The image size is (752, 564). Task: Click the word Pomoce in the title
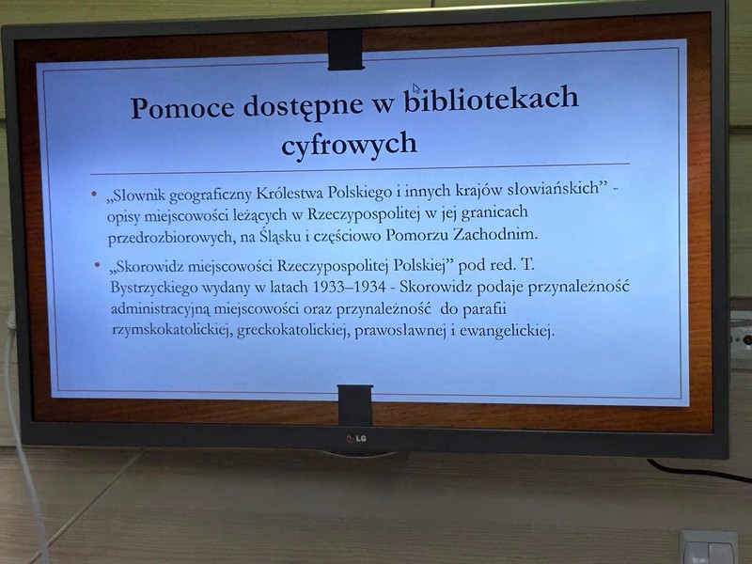point(182,107)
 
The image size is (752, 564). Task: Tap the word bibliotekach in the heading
point(491,99)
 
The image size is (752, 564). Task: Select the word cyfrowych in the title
point(349,144)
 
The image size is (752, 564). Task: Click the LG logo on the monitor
point(356,438)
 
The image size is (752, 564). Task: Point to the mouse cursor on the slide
point(415,88)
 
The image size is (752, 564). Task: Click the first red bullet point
point(94,195)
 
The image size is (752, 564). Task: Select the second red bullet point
point(98,264)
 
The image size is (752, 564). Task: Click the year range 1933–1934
point(349,287)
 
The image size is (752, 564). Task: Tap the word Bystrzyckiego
point(154,289)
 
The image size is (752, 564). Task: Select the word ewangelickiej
point(507,331)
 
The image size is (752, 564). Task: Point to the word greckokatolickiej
point(291,332)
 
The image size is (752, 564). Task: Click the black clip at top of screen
point(345,50)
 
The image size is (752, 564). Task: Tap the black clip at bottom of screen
point(355,405)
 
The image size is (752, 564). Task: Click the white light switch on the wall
point(709,547)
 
